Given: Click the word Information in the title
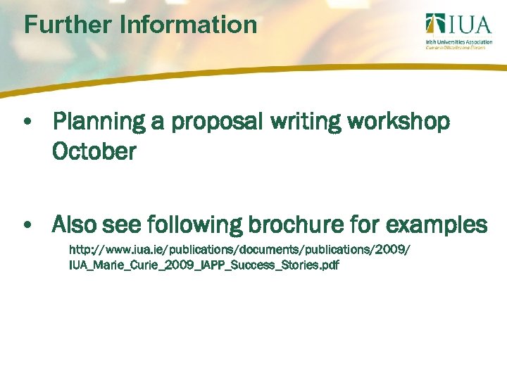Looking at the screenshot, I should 188,25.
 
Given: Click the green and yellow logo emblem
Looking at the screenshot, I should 434,25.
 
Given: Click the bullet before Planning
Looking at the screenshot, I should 26,122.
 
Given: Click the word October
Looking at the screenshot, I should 94,151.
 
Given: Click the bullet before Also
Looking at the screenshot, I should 26,226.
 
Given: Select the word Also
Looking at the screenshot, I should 76,226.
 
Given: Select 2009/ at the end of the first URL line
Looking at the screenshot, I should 391,251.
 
